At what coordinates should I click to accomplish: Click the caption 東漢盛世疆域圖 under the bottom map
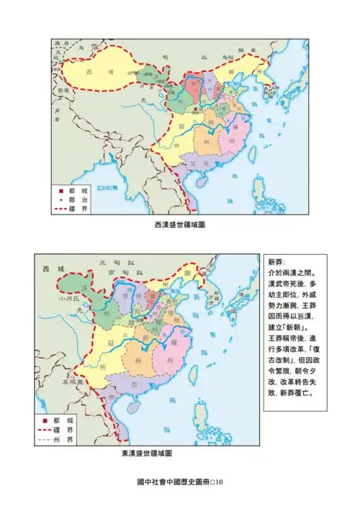(148, 454)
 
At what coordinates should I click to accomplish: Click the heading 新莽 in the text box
(276, 262)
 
